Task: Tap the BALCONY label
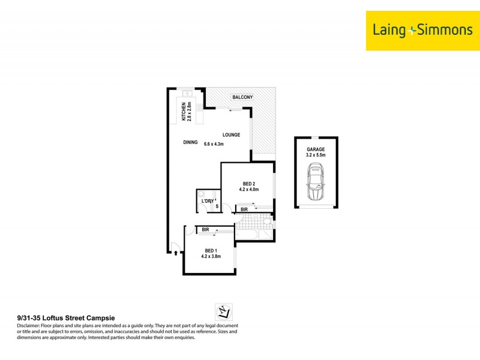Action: (242, 97)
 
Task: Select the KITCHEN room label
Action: (184, 112)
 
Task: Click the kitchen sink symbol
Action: (187, 94)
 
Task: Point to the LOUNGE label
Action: (231, 135)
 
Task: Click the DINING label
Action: (190, 143)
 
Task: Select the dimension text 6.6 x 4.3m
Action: (214, 144)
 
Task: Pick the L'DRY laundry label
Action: (208, 200)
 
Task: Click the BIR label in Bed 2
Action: (244, 209)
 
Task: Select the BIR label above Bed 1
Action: (205, 230)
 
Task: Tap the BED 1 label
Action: (211, 250)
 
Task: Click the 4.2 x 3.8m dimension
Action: (211, 256)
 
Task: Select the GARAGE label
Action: (316, 149)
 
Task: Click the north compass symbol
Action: (223, 311)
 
